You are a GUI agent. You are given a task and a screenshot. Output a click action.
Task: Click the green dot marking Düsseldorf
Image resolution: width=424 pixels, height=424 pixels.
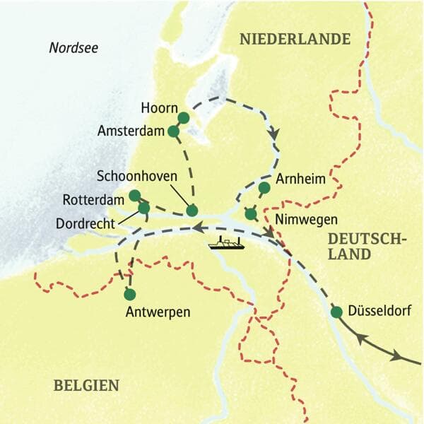pyautogui.click(x=336, y=312)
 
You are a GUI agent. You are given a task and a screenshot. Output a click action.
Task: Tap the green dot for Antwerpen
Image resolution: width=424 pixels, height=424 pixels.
pyautogui.click(x=129, y=294)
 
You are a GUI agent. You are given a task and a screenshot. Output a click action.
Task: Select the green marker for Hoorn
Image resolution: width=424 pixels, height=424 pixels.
pyautogui.click(x=183, y=117)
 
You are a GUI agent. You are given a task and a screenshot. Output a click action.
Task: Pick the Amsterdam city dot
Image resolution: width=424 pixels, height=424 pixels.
pyautogui.click(x=173, y=131)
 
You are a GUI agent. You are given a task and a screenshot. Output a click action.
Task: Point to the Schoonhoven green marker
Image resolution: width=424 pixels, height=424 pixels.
pyautogui.click(x=192, y=210)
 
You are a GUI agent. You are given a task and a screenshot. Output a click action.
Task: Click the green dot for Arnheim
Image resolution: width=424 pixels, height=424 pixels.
pyautogui.click(x=264, y=187)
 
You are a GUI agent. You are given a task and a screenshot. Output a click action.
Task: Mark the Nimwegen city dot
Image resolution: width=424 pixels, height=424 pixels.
pyautogui.click(x=250, y=213)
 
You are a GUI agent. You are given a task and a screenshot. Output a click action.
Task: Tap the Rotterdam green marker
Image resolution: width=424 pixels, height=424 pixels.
pyautogui.click(x=135, y=195)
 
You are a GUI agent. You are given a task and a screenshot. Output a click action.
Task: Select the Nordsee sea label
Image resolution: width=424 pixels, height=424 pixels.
pyautogui.click(x=73, y=48)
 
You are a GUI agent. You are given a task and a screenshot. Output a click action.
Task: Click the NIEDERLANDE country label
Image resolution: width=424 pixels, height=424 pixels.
pyautogui.click(x=295, y=39)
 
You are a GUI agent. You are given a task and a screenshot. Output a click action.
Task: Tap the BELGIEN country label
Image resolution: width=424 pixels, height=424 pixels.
pyautogui.click(x=86, y=385)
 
